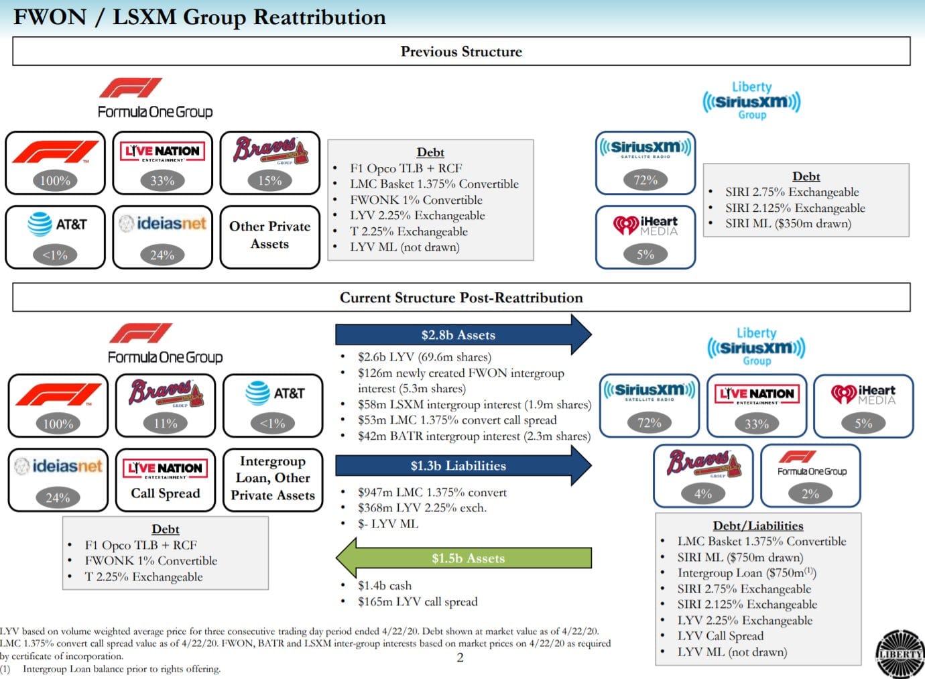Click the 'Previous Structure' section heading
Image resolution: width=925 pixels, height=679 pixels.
[461, 52]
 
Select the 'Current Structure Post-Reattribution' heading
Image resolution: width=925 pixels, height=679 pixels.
[461, 298]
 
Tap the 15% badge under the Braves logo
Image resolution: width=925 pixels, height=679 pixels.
[269, 180]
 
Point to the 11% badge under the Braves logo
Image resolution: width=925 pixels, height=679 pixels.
[165, 424]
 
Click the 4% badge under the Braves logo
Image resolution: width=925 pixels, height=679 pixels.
[702, 494]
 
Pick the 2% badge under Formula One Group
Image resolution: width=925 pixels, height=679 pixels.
[810, 494]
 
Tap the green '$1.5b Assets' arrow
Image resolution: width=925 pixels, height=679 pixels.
[467, 558]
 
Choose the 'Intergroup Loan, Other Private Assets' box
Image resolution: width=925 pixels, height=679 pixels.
[272, 479]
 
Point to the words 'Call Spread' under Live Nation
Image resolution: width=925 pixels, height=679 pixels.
[165, 493]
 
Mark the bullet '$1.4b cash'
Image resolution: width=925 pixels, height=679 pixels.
[384, 586]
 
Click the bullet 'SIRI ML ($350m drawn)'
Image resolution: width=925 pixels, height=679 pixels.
[788, 224]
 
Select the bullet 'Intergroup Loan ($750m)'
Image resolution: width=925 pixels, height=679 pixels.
[746, 573]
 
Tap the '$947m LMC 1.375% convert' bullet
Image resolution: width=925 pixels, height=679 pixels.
[432, 493]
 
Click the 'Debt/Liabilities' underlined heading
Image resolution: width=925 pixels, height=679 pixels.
[757, 526]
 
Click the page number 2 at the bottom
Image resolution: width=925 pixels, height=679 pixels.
[460, 658]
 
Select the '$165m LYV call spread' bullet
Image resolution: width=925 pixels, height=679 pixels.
[417, 602]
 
